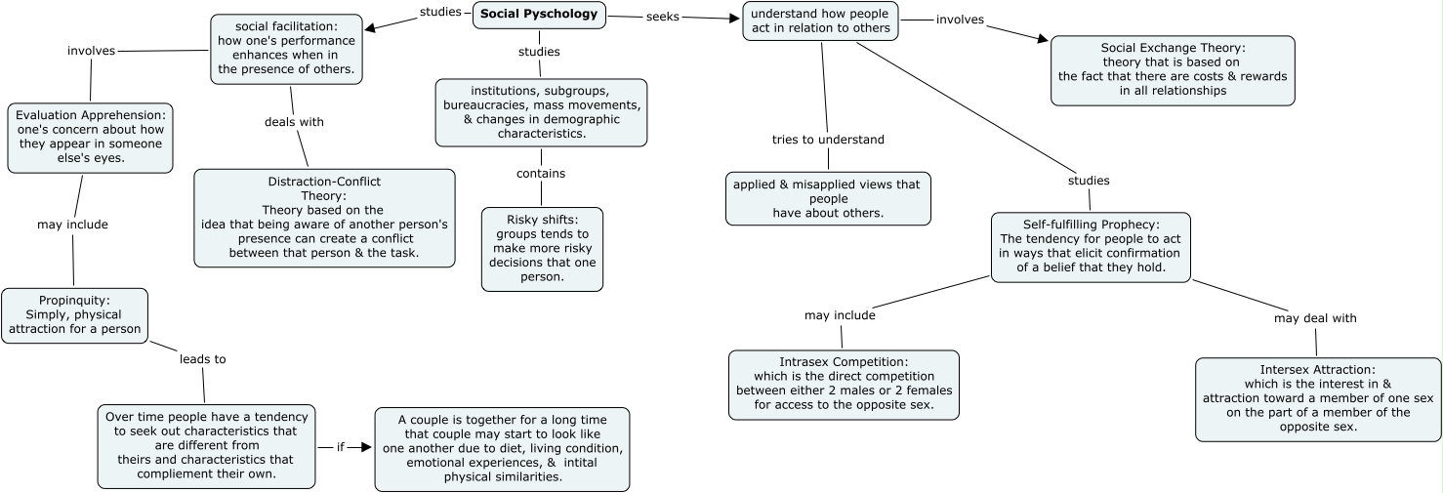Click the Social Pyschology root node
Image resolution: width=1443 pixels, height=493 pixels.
pos(539,15)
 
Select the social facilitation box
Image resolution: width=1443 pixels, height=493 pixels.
pos(286,48)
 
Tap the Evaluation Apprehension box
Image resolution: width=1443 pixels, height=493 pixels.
pos(91,137)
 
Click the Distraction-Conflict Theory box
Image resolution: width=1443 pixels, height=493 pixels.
pos(324,217)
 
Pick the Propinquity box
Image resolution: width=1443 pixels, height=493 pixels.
pos(75,315)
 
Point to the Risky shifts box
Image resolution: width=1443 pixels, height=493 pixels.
pos(542,248)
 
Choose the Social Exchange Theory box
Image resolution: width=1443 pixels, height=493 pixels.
pos(1173,69)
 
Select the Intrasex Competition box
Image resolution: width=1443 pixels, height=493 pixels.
pos(844,384)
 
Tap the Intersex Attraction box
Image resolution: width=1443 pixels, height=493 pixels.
pos(1318,398)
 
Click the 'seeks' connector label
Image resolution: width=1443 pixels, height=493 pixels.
pos(663,17)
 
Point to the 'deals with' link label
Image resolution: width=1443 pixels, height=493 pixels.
pos(294,122)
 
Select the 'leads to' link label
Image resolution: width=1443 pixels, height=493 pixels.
pos(202,359)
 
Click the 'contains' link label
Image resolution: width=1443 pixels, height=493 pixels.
pos(541,174)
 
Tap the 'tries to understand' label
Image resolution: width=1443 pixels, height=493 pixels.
pos(828,140)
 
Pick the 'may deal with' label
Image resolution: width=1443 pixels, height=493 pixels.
pos(1315,318)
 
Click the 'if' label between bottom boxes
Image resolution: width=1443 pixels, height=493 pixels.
pos(341,447)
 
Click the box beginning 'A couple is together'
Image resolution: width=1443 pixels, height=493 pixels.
pos(502,448)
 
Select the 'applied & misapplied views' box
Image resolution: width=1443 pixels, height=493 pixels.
pos(828,198)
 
